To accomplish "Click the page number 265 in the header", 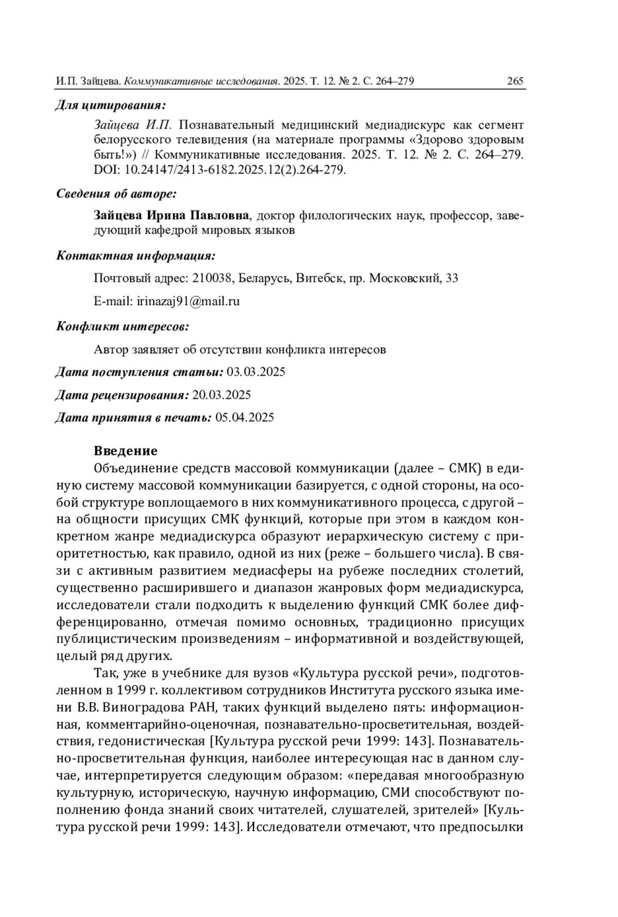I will coord(515,81).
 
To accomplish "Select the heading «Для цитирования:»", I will coord(111,106).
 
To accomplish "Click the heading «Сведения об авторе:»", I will coord(116,194).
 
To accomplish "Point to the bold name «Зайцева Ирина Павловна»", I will coord(171,215).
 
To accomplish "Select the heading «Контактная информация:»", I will coord(135,256).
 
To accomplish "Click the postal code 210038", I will coord(211,278).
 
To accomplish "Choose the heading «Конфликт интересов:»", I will coord(122,326).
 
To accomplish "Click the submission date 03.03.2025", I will coord(256,372).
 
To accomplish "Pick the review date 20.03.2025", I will coord(221,395).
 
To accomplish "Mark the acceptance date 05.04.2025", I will coord(245,418).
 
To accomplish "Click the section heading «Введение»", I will coord(126,451).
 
